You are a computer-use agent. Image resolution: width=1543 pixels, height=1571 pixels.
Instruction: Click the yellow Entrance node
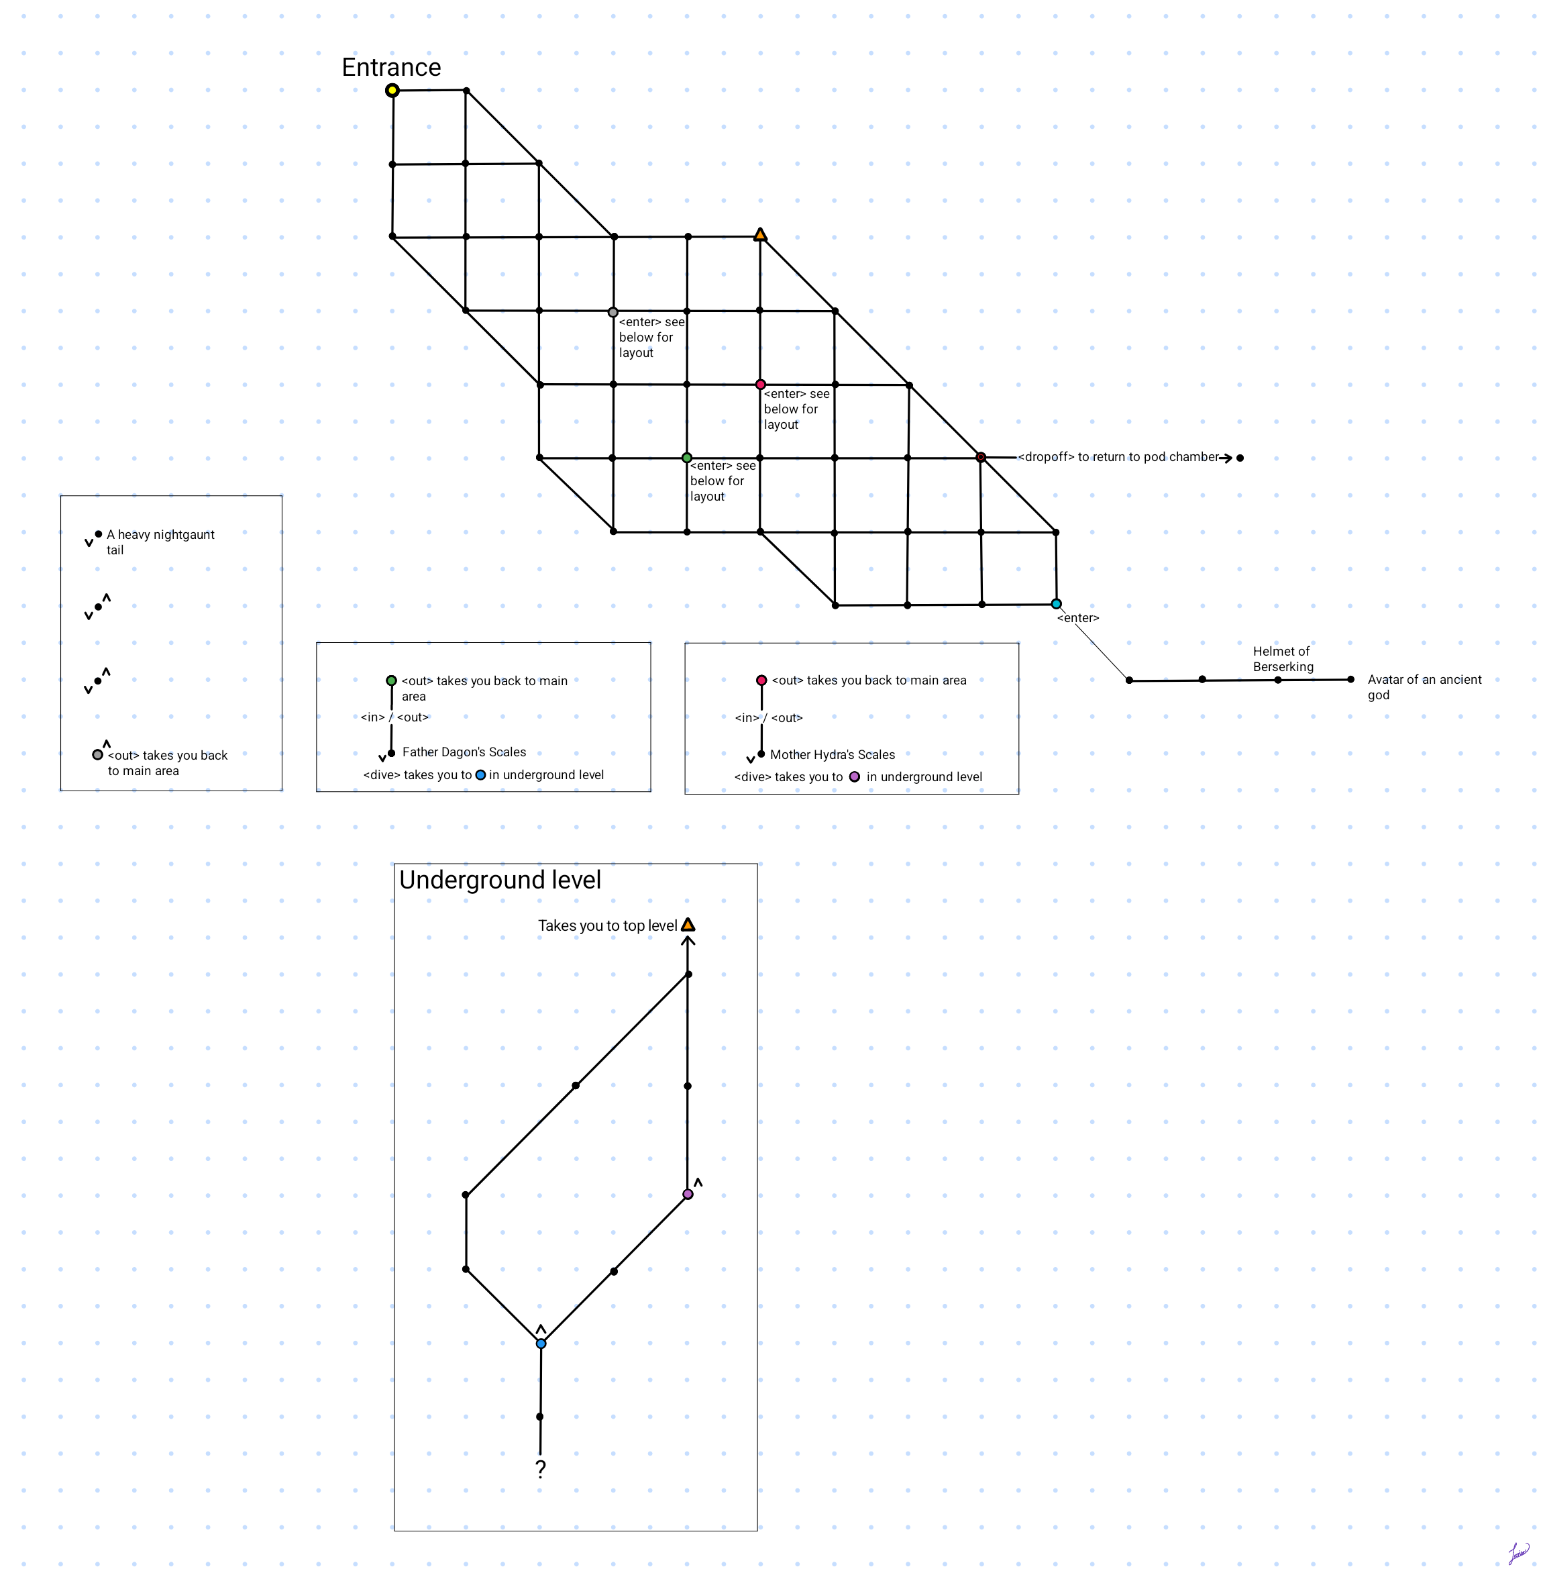click(392, 90)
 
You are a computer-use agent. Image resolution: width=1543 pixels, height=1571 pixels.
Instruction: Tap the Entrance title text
click(391, 67)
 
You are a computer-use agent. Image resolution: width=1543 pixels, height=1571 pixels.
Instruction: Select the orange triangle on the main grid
click(760, 235)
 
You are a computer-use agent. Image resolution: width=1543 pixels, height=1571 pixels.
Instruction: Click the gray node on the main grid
click(613, 312)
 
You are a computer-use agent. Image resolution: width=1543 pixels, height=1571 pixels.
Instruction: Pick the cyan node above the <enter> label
click(1056, 604)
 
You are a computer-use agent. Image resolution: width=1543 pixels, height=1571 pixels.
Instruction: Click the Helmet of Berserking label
click(1283, 659)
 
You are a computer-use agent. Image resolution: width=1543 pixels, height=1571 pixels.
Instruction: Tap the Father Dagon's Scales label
click(464, 752)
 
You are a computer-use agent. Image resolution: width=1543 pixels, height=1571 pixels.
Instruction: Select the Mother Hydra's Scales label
click(833, 755)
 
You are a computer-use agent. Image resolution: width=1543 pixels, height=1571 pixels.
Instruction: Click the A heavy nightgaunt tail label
click(160, 542)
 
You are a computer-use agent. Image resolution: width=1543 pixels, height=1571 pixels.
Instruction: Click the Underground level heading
click(500, 880)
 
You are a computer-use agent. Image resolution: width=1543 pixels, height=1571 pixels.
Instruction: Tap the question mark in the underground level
click(541, 1469)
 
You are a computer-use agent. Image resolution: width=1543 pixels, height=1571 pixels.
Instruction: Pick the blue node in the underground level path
click(541, 1344)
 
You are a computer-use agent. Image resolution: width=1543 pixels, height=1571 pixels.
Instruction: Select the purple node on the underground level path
click(688, 1194)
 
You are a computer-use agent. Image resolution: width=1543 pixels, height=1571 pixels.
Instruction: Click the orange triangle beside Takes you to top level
click(688, 925)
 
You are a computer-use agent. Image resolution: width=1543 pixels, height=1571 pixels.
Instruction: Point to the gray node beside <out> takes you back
click(97, 755)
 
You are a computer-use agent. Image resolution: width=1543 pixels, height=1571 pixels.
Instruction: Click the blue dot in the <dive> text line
click(480, 775)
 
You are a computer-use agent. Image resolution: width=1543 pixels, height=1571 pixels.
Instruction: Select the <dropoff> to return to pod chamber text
click(1118, 457)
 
